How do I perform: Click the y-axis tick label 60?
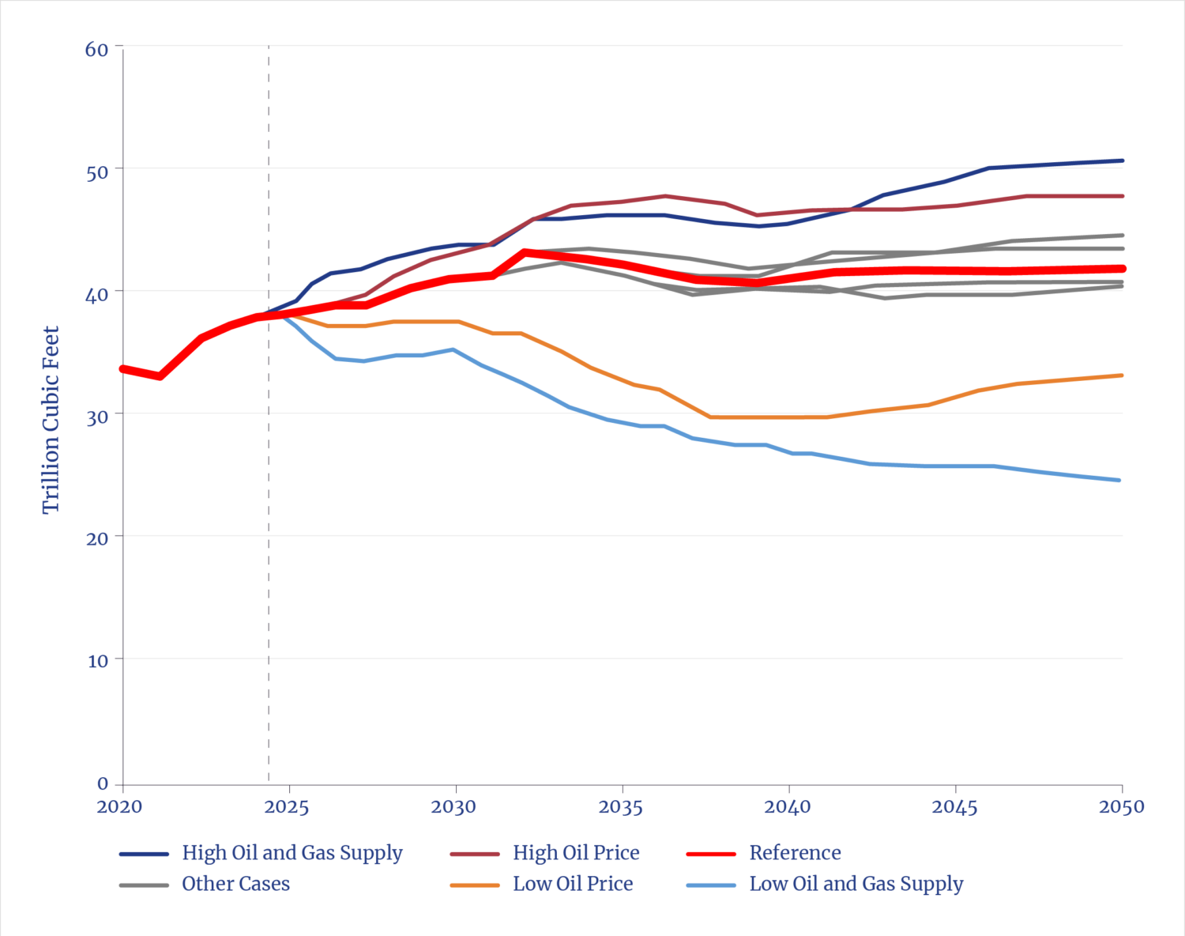click(x=96, y=49)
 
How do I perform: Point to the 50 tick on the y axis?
click(x=96, y=172)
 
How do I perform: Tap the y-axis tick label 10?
click(x=98, y=661)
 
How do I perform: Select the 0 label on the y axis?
click(x=103, y=783)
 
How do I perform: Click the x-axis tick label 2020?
click(x=118, y=807)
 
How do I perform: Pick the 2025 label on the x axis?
click(x=287, y=807)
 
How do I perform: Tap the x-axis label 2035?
click(x=621, y=807)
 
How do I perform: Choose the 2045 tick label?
click(x=954, y=807)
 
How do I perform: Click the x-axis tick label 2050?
click(x=1121, y=807)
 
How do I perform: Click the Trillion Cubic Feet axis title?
click(x=51, y=420)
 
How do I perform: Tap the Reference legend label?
click(x=795, y=853)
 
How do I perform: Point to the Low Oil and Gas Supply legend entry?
click(x=856, y=884)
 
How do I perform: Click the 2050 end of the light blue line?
click(x=1119, y=480)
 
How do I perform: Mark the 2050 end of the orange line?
click(x=1121, y=376)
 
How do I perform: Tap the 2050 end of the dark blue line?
click(x=1121, y=160)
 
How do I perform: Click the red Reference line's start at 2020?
click(x=123, y=368)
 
